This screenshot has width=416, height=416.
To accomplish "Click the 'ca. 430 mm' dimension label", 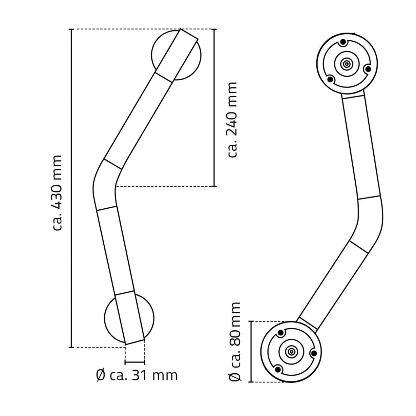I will [x=57, y=193].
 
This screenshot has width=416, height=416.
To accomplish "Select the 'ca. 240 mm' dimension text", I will [x=233, y=120].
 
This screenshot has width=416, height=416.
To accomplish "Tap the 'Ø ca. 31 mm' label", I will [x=137, y=375].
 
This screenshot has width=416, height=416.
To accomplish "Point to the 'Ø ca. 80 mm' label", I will [x=235, y=342].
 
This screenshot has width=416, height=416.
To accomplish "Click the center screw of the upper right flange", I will [x=346, y=64].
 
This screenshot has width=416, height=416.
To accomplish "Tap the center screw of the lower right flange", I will [x=291, y=352].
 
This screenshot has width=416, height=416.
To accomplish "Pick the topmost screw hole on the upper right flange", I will [x=344, y=42].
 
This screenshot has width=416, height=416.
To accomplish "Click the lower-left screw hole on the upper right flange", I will [x=331, y=79].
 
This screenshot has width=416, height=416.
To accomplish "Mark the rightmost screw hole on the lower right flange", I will [x=314, y=354].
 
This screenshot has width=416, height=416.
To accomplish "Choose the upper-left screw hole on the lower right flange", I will [x=282, y=333].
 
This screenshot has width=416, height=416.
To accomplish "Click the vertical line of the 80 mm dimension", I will [x=251, y=351].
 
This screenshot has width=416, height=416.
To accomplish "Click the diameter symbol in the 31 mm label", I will [x=101, y=375].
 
